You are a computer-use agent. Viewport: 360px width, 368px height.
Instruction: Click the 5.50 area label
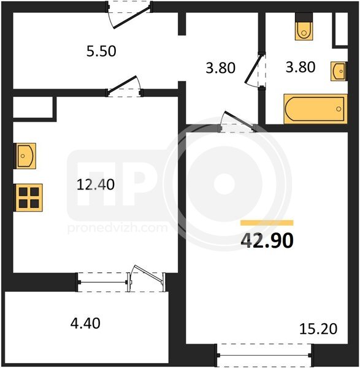point(101,51)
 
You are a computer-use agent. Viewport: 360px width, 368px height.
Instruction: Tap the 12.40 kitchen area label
point(96,184)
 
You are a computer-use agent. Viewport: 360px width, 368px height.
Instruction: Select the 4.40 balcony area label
point(85,323)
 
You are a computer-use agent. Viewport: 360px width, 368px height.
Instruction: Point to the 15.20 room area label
point(318,329)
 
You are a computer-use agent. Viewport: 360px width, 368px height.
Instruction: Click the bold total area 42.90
point(267,240)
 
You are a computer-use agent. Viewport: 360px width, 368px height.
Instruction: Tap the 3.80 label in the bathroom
point(301,67)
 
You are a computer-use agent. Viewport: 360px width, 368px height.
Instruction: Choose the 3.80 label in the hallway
point(220,68)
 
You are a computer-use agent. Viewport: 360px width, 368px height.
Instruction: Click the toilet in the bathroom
point(304,26)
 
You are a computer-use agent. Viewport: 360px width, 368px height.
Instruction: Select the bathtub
point(315,109)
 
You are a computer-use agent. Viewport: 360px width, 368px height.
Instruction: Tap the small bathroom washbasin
point(339,71)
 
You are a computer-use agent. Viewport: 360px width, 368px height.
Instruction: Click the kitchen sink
point(25,156)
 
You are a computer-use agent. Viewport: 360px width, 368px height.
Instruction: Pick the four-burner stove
point(29,197)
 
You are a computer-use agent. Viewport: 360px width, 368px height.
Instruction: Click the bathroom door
point(255,71)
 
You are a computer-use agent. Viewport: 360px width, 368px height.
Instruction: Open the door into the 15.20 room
point(237,122)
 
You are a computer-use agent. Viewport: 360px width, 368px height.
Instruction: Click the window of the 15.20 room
point(264,356)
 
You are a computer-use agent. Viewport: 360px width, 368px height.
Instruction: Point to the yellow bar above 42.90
point(267,223)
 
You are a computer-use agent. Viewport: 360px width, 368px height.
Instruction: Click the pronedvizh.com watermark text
point(117,228)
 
